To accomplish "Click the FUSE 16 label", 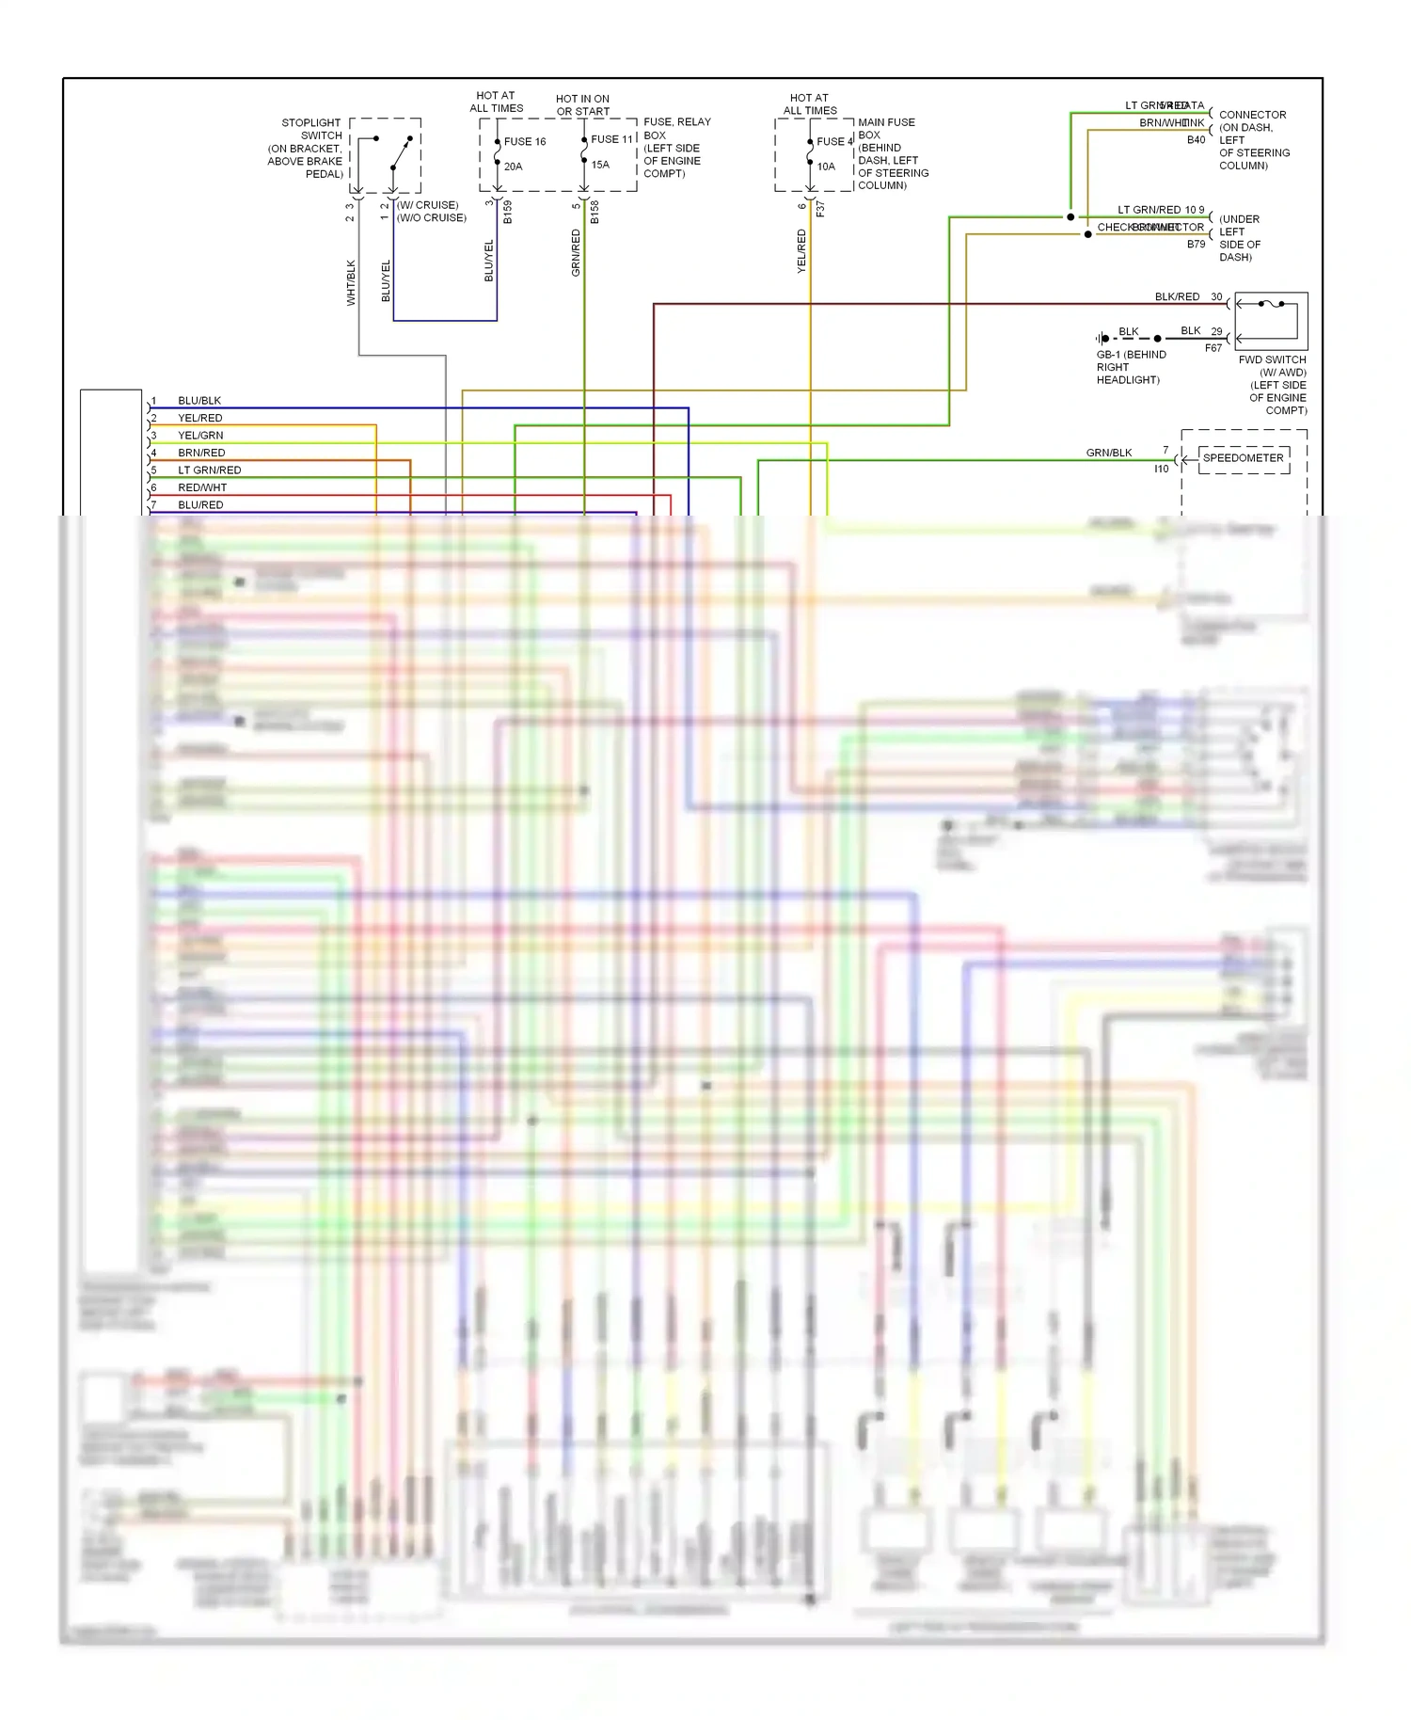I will [525, 142].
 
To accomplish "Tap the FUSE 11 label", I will [611, 139].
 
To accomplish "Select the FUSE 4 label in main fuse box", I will [833, 142].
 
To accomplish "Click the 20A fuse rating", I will [513, 167].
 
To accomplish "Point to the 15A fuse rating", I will [600, 165].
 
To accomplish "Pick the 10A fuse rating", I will [826, 167].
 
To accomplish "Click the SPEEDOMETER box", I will [1243, 458].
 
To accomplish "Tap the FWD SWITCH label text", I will [1272, 360].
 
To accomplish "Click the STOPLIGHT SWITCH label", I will [310, 129].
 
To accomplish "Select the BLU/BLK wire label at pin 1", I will [199, 401].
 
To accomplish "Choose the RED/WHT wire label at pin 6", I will [202, 487].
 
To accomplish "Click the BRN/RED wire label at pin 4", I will [201, 453].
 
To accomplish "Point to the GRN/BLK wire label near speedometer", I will [1109, 453].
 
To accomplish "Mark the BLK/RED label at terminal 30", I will [1177, 296].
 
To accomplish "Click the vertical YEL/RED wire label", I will [801, 251].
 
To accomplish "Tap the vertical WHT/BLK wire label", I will [351, 282].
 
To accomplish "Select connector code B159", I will [508, 212].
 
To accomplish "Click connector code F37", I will [820, 209].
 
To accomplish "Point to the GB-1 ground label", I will [1131, 355].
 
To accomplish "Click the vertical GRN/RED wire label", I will [576, 252].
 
